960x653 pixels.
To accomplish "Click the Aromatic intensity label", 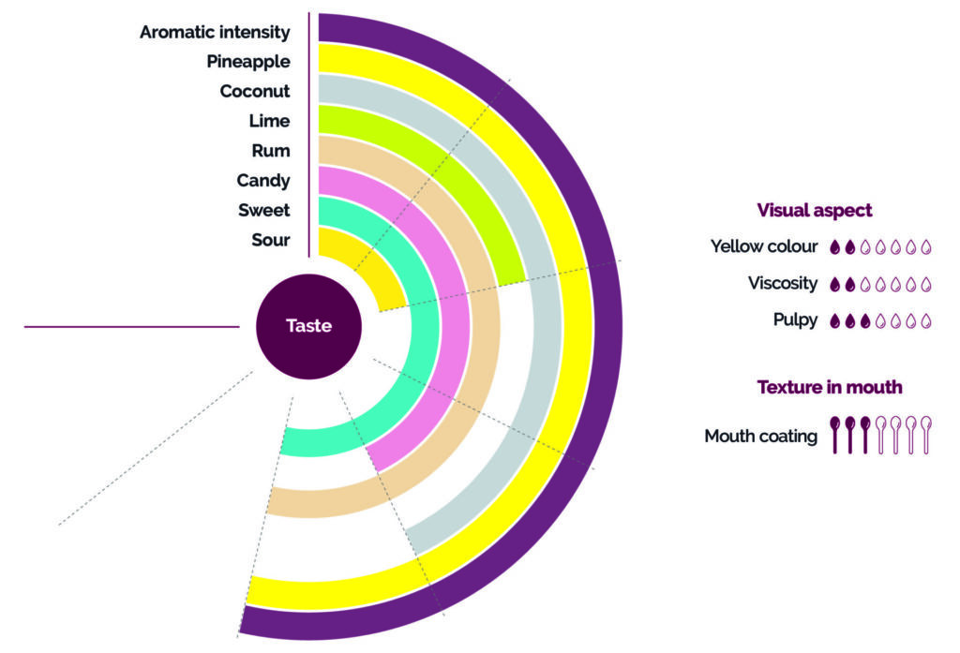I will click(x=215, y=32).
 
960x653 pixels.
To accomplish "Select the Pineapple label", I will click(x=247, y=62).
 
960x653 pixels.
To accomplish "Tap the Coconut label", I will click(x=254, y=92).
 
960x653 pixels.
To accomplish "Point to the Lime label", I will click(x=269, y=121).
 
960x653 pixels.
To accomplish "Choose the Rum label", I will click(x=271, y=151).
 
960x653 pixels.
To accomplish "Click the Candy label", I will click(x=262, y=181).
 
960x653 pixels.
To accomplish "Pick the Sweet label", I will click(x=263, y=210).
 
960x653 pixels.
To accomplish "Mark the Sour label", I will click(x=270, y=240).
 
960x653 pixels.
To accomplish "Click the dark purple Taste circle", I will click(x=308, y=327).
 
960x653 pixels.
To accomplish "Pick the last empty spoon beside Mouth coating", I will click(x=926, y=435).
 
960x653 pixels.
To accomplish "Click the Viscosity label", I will click(x=783, y=283).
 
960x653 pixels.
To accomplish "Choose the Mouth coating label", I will click(x=760, y=436).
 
